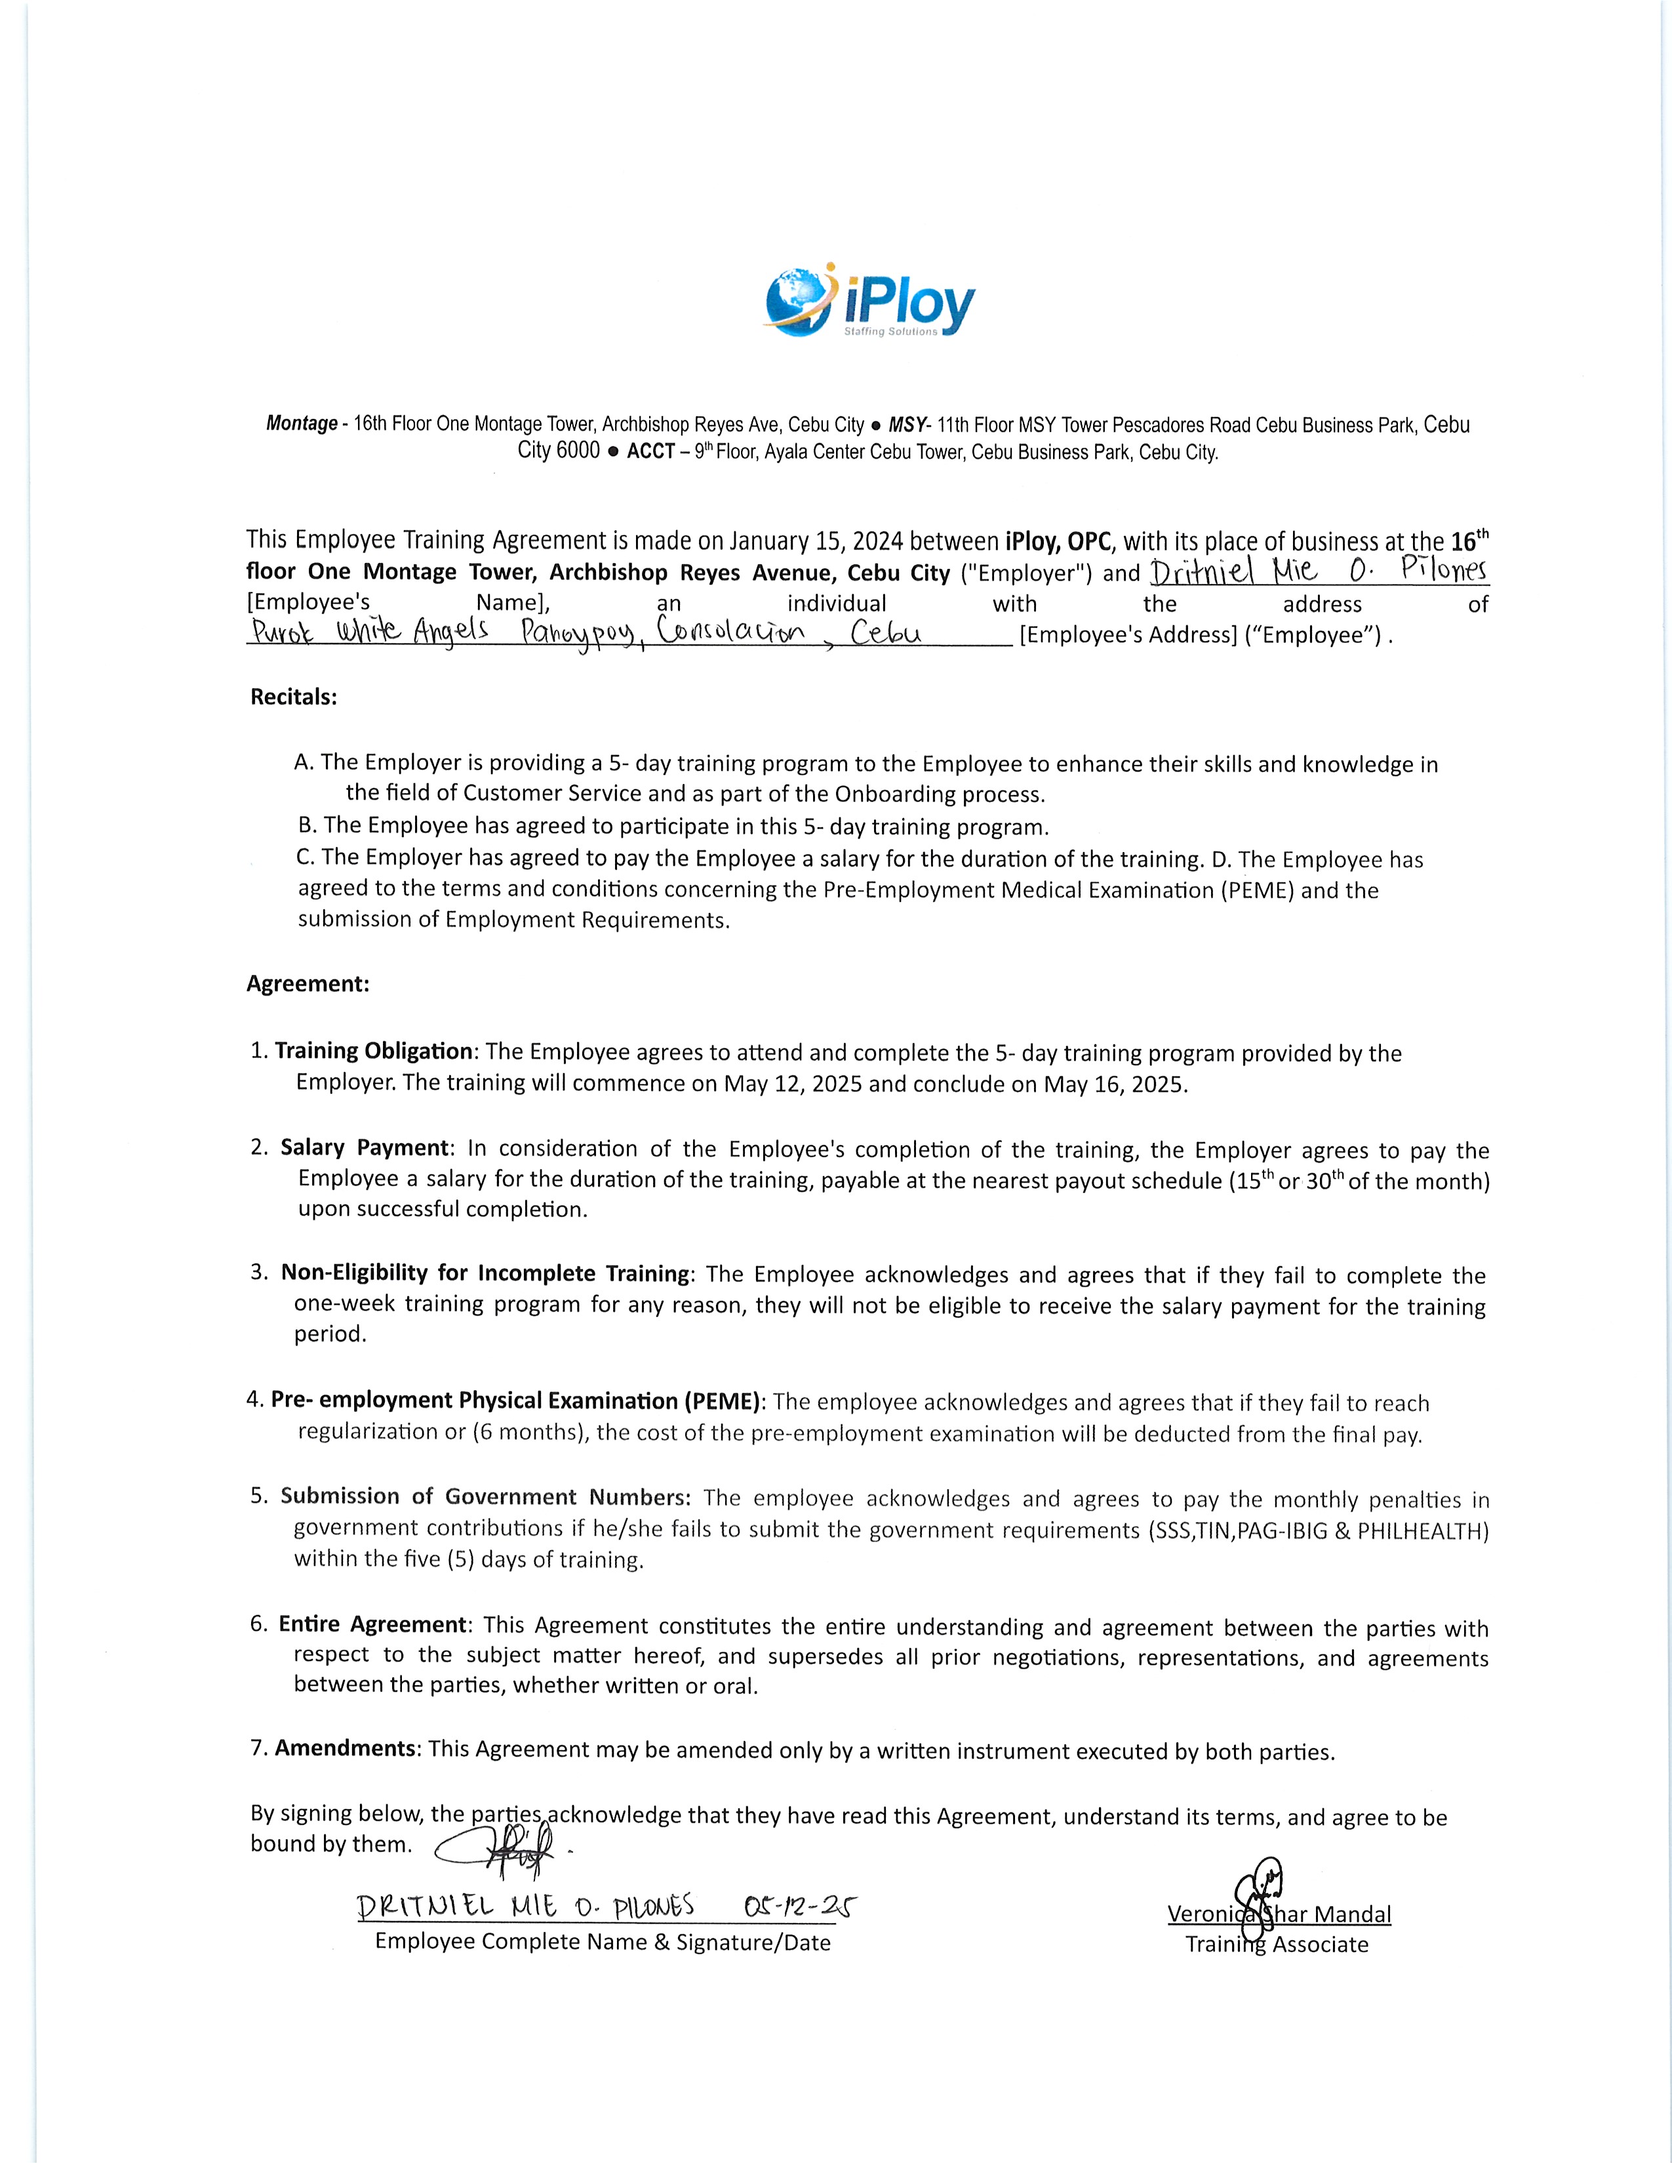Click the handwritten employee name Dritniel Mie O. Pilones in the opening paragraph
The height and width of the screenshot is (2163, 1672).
point(1319,572)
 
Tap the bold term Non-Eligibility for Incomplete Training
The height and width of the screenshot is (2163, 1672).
point(485,1273)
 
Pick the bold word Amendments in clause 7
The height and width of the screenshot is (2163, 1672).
point(345,1748)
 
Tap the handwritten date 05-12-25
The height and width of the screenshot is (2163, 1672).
point(799,1907)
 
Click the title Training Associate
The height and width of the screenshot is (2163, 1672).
point(1277,1944)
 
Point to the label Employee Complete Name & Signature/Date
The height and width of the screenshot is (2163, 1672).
point(602,1942)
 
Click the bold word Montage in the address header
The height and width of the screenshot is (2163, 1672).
point(301,424)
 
